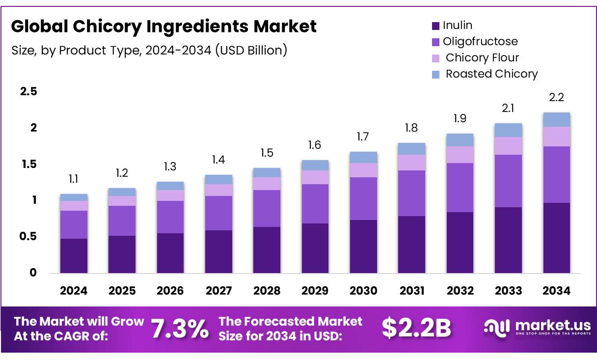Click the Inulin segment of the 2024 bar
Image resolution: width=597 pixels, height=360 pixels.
tap(74, 255)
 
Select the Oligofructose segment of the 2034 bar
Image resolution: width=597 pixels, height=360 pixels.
tap(556, 174)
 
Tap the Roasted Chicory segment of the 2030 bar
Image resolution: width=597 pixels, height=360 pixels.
tap(363, 157)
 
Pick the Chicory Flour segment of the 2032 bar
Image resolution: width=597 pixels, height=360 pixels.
tap(460, 155)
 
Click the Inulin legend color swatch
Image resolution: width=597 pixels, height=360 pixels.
tap(435, 26)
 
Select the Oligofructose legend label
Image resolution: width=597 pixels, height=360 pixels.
tap(480, 41)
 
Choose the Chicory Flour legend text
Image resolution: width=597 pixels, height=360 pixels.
tap(482, 57)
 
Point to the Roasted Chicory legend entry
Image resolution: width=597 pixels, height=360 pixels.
tap(491, 74)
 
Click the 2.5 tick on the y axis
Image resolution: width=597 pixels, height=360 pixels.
tap(28, 91)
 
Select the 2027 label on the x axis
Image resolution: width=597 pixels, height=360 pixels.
tap(218, 291)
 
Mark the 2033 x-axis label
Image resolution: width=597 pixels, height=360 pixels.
tap(508, 291)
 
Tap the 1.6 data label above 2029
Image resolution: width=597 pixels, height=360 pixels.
tap(315, 145)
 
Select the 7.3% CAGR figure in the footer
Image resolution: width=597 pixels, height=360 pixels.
tap(180, 329)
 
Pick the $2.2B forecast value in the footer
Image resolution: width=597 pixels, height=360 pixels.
tap(416, 329)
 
